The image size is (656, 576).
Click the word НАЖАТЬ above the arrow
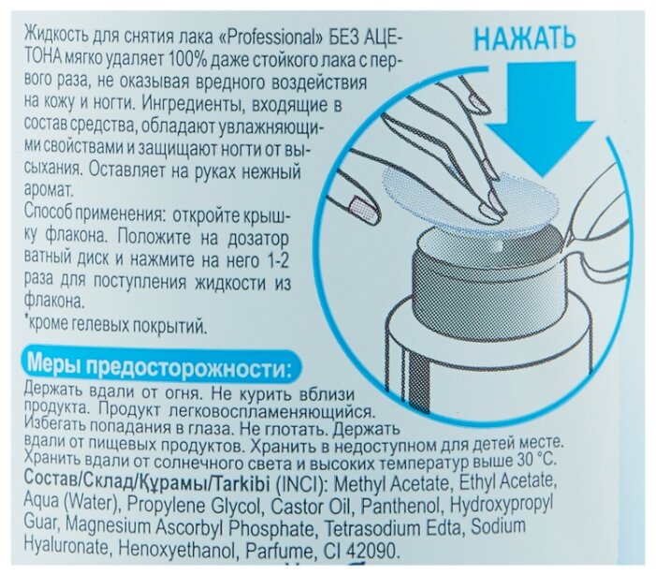click(525, 39)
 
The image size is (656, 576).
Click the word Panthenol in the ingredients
click(401, 507)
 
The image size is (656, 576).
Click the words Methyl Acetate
click(391, 484)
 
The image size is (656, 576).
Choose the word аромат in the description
click(49, 191)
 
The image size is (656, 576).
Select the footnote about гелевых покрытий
click(116, 325)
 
